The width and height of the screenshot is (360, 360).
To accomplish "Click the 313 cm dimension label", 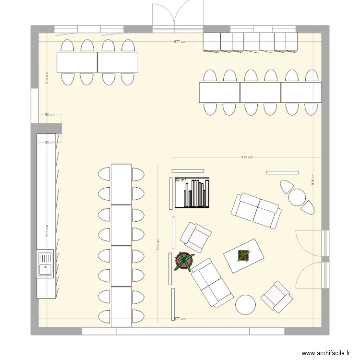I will coord(47,78).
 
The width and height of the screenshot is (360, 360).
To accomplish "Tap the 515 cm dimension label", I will coord(247,157).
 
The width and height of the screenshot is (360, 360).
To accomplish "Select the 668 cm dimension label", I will coord(47,231).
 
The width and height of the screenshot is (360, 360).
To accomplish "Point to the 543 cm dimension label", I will coord(157,245).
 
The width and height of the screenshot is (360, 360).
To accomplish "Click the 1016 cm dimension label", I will coord(312,181).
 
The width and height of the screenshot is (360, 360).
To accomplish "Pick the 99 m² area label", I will coord(180,180).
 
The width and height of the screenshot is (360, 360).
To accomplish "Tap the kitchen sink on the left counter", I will coord(45,264).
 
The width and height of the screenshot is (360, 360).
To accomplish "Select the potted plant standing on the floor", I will coord(184,261).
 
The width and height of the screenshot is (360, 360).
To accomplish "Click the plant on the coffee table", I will coord(244,256).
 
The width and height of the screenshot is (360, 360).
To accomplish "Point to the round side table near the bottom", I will coord(246,304).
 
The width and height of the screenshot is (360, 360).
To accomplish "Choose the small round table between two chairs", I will coord(298,197).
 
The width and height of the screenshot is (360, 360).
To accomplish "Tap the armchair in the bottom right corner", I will coord(277,297).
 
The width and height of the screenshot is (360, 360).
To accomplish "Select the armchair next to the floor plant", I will coord(195,237).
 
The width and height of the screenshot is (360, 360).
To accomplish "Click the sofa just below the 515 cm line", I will coord(256,210).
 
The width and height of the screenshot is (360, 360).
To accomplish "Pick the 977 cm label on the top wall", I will coord(180,42).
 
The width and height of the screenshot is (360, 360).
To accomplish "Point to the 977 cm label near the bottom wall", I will coord(180,318).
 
